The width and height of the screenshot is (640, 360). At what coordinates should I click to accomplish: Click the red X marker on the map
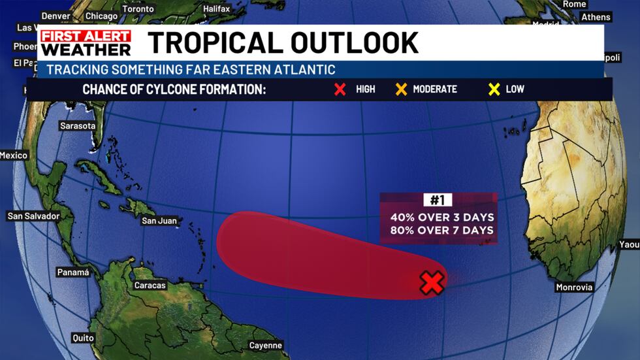[432, 282]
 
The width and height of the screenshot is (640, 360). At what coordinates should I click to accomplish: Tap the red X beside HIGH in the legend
[340, 89]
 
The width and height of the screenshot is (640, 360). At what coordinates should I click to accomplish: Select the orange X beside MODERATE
[400, 89]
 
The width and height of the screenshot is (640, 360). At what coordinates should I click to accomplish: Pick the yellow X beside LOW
[493, 89]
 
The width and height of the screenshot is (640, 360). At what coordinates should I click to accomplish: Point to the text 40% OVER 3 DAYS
[442, 217]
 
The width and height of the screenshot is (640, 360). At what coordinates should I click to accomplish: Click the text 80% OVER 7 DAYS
[442, 230]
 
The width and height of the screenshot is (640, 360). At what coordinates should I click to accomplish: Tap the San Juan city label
[159, 221]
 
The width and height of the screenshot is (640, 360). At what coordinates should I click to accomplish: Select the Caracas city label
[150, 286]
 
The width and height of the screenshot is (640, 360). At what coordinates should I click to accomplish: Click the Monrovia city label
[574, 287]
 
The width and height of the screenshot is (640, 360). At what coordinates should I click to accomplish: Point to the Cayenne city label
[266, 346]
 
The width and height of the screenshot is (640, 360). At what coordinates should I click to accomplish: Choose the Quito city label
[83, 338]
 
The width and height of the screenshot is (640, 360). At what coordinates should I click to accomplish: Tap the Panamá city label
[73, 272]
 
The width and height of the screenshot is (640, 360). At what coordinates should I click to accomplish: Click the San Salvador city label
[33, 216]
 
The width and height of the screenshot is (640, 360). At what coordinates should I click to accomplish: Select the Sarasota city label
[78, 125]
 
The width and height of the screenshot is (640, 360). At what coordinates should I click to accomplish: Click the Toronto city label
[138, 9]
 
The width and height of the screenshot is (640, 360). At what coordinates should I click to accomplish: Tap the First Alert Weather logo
[86, 42]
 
